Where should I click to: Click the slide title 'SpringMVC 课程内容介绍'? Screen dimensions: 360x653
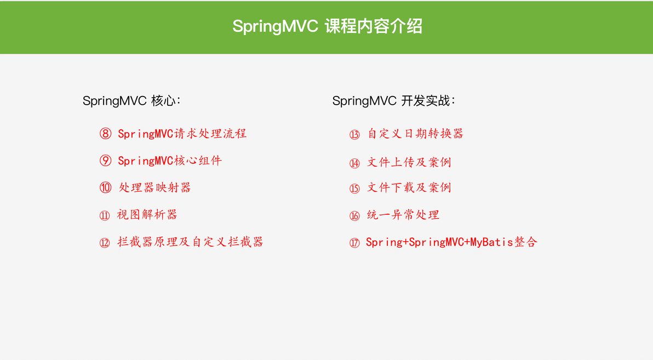[327, 26]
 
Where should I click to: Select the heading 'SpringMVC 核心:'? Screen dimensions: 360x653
[131, 101]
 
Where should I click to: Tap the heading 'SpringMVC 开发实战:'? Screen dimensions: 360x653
[394, 101]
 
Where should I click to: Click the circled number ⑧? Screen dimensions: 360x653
[105, 134]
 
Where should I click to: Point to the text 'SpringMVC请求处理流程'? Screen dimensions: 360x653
[182, 134]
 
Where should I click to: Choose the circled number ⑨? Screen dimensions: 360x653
[105, 161]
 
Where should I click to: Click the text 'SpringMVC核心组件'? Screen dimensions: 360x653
[170, 161]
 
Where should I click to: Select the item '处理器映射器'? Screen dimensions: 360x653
[154, 187]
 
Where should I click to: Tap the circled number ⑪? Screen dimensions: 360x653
[105, 215]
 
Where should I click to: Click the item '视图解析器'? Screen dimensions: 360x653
[147, 215]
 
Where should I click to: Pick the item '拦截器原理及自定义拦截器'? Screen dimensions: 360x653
[190, 242]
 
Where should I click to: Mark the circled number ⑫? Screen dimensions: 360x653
[105, 243]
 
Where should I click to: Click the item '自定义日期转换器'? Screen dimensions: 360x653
[415, 134]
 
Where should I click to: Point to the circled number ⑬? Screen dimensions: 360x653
[354, 135]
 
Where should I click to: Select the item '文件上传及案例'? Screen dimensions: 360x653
[409, 162]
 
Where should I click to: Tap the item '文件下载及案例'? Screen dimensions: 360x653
[409, 187]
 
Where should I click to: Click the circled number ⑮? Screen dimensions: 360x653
[354, 189]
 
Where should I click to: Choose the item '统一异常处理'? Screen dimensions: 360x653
[403, 215]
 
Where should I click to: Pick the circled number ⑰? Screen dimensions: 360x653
[354, 243]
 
